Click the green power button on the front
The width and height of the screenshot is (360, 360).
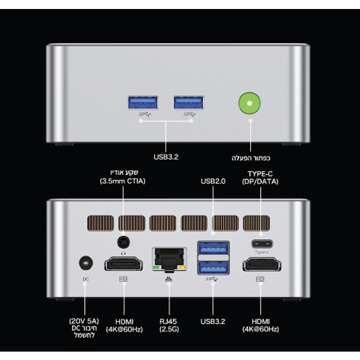point(250,103)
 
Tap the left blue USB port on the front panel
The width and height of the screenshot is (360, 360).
point(143,102)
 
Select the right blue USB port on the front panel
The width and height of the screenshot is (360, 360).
point(188,102)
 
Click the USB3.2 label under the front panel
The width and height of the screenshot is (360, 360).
point(166,157)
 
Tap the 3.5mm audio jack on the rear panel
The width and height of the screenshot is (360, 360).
point(124,241)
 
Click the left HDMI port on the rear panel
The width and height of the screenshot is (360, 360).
point(124,264)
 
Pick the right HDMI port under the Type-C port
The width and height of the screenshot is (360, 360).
point(261,264)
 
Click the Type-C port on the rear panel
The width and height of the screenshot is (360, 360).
point(260,244)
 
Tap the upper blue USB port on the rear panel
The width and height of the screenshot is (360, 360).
point(213,247)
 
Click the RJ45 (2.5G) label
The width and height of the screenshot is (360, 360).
point(169,325)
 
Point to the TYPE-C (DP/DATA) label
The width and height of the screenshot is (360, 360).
point(260,177)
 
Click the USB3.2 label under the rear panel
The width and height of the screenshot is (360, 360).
point(214,321)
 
